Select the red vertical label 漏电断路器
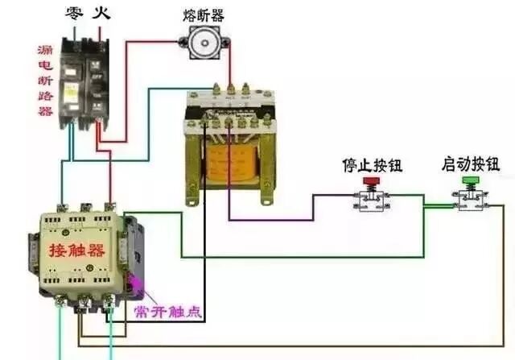pos(45,81)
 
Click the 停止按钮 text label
pos(372,167)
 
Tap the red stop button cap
pos(371,183)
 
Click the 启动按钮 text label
pos(470,165)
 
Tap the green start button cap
pos(469,183)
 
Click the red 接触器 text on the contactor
pos(76,250)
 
